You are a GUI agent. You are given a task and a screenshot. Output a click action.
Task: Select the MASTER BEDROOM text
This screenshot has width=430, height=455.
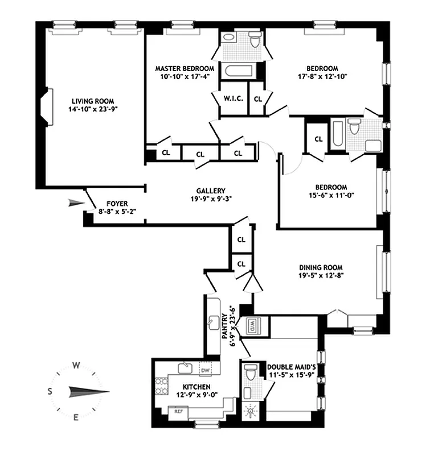tap(185, 68)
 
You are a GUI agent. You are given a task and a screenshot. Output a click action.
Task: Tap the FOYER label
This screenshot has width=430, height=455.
tap(117, 204)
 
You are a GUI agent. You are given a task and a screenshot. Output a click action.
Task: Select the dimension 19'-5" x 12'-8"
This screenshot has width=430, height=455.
tap(321, 275)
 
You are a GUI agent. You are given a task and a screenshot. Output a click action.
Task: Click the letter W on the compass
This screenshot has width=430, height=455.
tap(75, 365)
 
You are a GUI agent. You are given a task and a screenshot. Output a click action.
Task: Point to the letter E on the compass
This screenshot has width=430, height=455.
tap(75, 418)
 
